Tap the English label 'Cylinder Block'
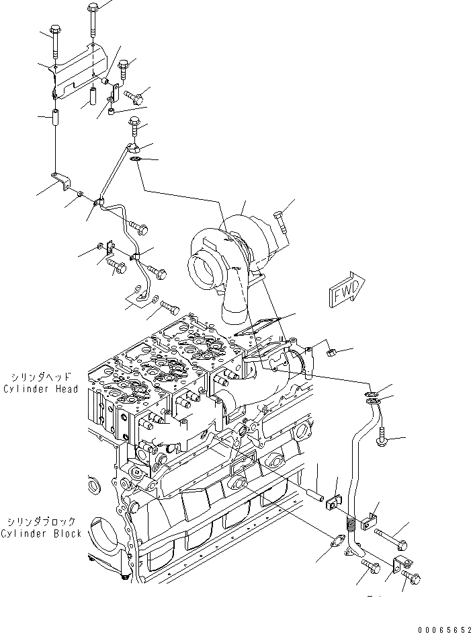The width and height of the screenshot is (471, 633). click(42, 533)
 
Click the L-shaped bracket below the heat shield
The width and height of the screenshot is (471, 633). click(62, 184)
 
